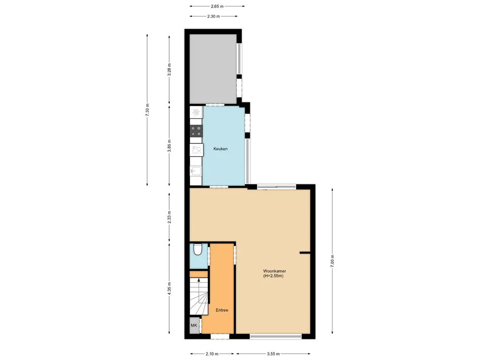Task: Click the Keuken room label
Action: click(220, 149)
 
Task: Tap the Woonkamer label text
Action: click(275, 271)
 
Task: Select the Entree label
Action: click(222, 310)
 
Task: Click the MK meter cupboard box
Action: click(194, 325)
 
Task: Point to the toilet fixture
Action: click(197, 250)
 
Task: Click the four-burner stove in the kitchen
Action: click(196, 131)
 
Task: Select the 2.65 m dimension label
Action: click(217, 6)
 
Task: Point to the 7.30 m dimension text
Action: click(147, 110)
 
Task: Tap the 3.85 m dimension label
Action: click(170, 145)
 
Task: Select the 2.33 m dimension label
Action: click(170, 217)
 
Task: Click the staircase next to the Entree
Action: click(199, 296)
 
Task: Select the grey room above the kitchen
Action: click(213, 68)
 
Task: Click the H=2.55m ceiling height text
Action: click(273, 276)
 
